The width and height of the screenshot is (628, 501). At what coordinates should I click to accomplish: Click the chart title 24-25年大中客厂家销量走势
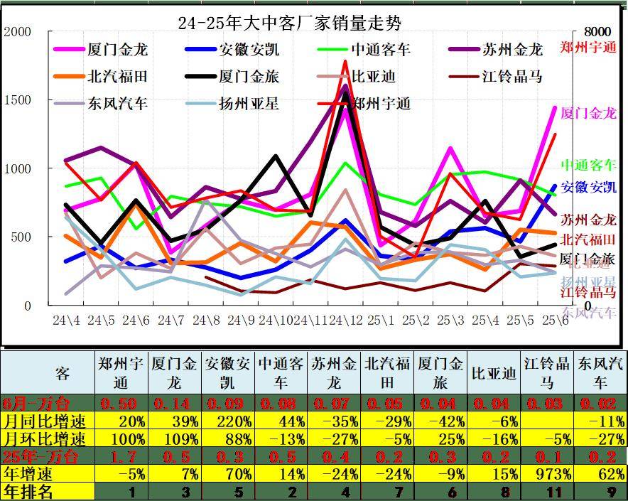pyautogui.click(x=289, y=23)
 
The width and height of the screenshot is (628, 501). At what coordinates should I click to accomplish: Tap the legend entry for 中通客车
pyautogui.click(x=381, y=50)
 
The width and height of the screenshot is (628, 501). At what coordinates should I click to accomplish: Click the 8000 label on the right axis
pyautogui.click(x=597, y=32)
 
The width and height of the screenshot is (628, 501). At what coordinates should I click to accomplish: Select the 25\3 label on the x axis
pyautogui.click(x=450, y=320)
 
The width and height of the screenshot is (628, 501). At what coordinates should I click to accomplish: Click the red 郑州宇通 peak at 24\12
pyautogui.click(x=346, y=61)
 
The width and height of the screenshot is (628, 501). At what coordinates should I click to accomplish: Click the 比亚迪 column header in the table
pyautogui.click(x=494, y=373)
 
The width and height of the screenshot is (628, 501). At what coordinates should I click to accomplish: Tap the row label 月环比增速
pyautogui.click(x=45, y=438)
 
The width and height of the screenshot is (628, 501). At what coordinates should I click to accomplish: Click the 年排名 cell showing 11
pyautogui.click(x=548, y=491)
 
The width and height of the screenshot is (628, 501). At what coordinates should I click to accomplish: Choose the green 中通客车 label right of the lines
pyautogui.click(x=588, y=166)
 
